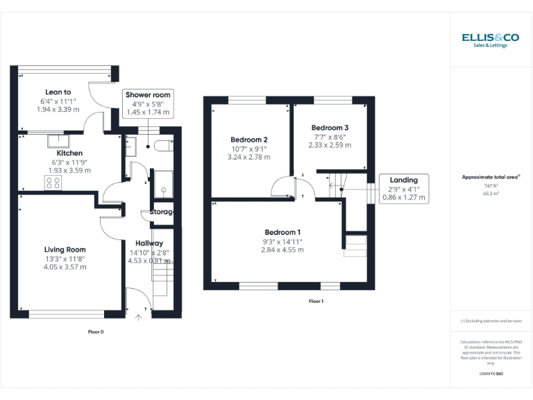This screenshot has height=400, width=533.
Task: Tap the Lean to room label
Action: (58, 92)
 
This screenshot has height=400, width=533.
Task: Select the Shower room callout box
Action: (146, 103)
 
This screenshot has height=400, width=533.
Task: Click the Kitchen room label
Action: (69, 153)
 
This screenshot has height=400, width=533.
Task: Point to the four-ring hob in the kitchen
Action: (53, 183)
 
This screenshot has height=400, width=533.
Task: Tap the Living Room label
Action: (65, 249)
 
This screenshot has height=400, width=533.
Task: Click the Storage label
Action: (161, 212)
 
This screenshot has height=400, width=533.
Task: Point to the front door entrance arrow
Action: (138, 318)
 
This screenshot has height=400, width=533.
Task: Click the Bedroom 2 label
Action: (248, 140)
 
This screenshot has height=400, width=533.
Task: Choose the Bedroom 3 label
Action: (330, 128)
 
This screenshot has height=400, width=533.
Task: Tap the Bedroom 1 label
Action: (282, 232)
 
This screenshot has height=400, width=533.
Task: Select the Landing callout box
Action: (403, 188)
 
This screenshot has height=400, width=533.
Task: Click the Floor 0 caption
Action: (96, 332)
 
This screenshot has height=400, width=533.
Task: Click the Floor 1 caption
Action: (316, 301)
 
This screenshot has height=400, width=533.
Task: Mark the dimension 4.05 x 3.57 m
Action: (65, 267)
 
